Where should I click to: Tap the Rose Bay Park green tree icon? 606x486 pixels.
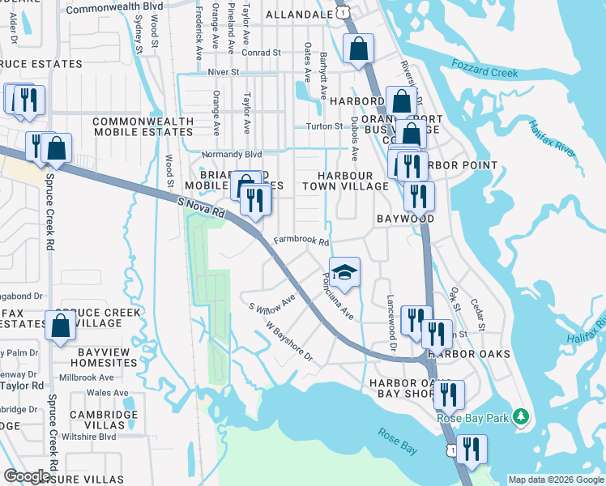523,417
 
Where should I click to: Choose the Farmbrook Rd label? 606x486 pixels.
301,241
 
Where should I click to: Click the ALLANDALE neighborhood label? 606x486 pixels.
299,15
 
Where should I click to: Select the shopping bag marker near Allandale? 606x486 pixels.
357,49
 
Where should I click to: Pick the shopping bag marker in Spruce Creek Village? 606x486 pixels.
60,326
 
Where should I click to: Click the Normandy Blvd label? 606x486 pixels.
232,154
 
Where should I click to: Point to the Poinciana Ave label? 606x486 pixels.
338,298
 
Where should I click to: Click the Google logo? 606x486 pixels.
27,476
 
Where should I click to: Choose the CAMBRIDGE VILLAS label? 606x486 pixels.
103,420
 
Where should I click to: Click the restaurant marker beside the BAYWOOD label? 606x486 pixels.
418,196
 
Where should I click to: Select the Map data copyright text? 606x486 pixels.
555,480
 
